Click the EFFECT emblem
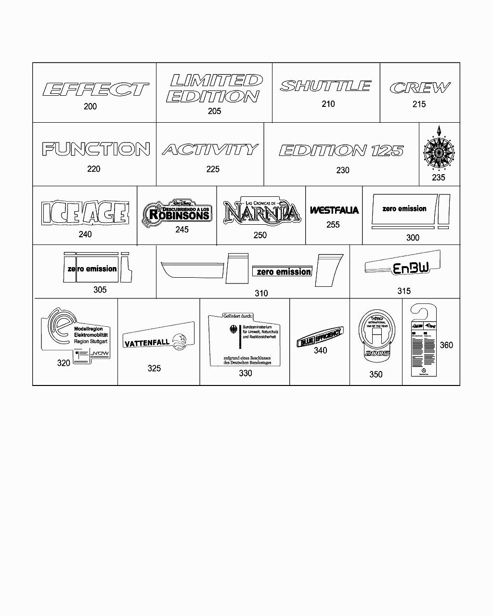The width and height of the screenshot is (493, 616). pos(96,89)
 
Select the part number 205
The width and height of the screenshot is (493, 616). pos(214,111)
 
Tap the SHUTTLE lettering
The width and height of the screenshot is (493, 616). pos(325,86)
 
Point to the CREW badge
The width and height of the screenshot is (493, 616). pos(420,88)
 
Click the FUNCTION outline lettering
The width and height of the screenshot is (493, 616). pos(96,149)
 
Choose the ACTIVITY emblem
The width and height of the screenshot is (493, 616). pos(210,150)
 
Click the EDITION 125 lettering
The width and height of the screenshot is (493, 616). pos(341,151)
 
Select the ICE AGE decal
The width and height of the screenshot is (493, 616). pos(85,213)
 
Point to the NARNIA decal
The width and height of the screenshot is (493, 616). pos(262,212)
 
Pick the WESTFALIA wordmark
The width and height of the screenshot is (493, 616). pos(334,210)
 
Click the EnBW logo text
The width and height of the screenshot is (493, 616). pos(411,269)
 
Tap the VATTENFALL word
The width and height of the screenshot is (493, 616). pos(147,343)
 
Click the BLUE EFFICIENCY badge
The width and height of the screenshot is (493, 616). pos(320,337)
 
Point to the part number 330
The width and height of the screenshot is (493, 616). pos(245,373)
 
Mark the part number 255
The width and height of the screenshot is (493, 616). pos(333,225)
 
